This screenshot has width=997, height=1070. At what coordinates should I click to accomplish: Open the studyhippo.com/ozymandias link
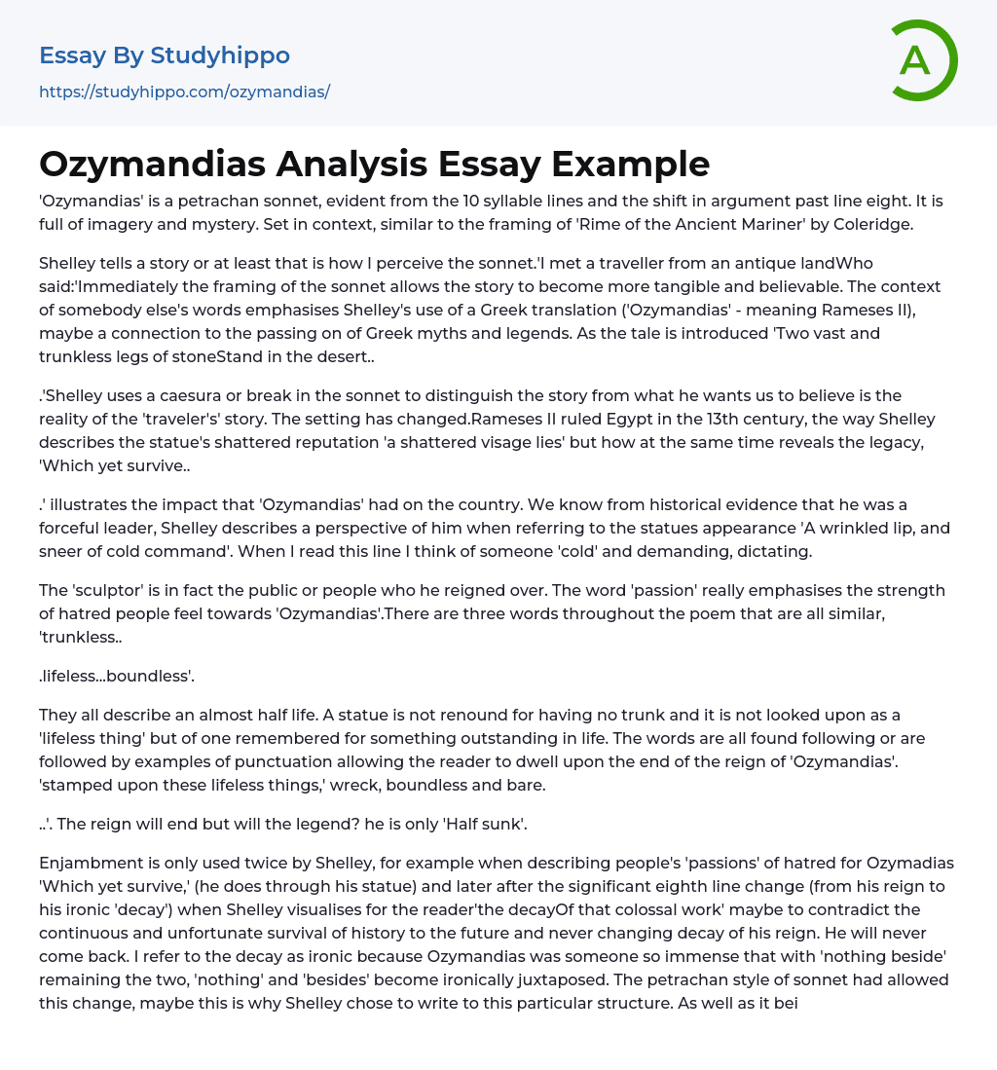(x=184, y=92)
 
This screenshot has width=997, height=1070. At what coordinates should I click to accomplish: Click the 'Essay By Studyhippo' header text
(x=165, y=55)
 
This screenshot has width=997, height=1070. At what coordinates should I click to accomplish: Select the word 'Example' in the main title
(x=632, y=164)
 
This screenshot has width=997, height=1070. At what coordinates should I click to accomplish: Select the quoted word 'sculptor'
(x=110, y=590)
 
